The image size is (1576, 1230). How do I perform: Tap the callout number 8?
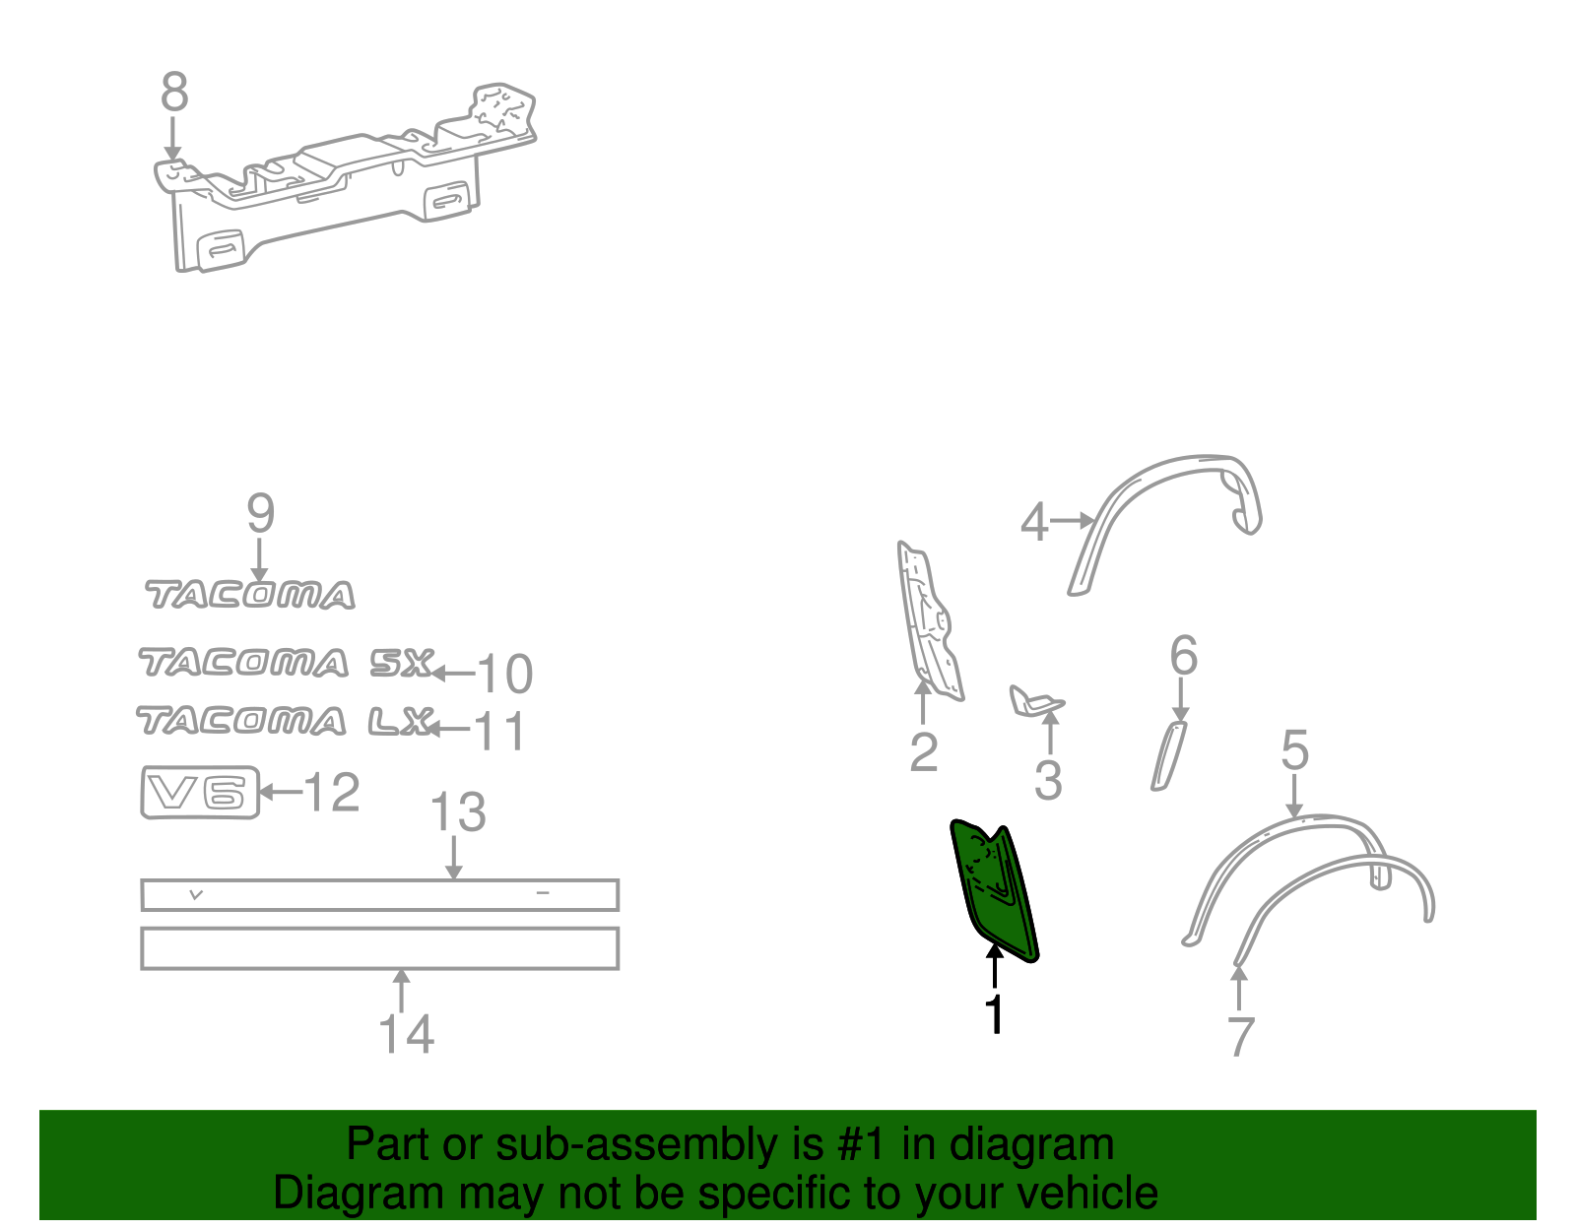[174, 94]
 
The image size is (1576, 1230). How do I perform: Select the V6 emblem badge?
[200, 793]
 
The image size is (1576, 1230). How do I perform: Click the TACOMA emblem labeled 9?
[250, 595]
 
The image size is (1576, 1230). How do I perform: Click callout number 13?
[458, 813]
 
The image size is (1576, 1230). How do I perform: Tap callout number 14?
[406, 1034]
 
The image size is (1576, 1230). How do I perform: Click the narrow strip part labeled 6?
[1169, 754]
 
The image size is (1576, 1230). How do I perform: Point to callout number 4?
[1034, 522]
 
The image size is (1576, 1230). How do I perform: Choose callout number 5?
[1294, 750]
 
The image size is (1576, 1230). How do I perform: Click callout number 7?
[1240, 1037]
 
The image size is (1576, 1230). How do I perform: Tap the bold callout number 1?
[996, 1014]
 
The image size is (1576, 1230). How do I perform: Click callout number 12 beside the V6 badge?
[331, 793]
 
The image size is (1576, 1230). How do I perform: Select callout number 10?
[504, 675]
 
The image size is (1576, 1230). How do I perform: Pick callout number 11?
[500, 732]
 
